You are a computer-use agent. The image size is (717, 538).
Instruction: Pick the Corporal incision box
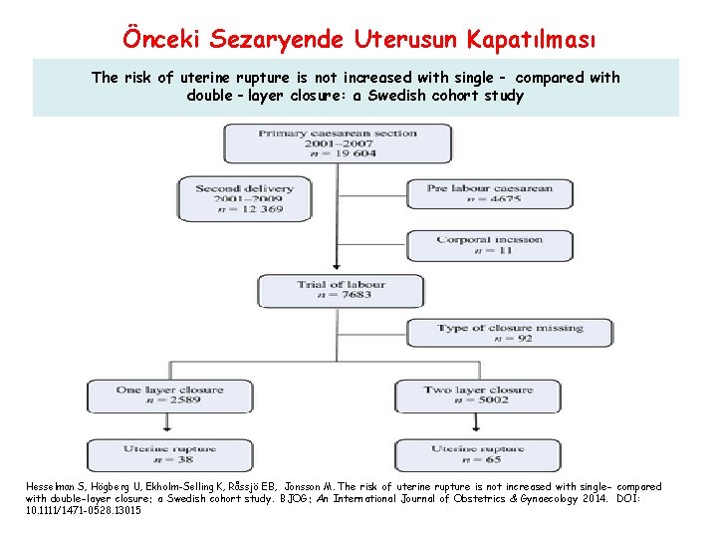[x=488, y=245]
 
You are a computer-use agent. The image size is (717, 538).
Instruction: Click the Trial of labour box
[x=341, y=291]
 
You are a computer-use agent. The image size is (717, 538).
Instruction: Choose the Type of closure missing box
[x=509, y=333]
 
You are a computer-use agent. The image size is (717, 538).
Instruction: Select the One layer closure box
[x=156, y=396]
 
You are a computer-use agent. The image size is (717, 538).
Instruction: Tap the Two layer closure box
[x=478, y=396]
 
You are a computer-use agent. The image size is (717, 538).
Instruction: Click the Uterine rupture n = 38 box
[x=156, y=454]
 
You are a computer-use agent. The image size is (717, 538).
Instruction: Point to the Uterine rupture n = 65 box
[x=478, y=454]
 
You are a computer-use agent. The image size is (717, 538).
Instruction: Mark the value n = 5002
[x=478, y=402]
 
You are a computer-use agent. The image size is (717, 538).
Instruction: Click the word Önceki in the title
[x=158, y=39]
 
